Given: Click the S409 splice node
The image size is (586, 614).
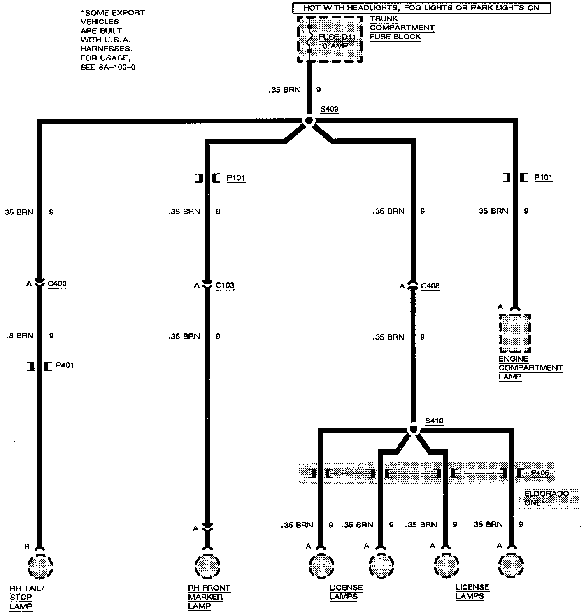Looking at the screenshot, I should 308,121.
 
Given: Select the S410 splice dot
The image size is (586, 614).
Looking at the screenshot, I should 414,429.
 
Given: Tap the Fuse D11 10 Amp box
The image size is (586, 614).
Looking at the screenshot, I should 330,40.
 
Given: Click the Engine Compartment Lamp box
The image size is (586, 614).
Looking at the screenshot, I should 515,333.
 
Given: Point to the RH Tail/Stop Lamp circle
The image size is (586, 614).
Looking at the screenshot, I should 40,566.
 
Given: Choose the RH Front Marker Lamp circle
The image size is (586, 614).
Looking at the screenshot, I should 207,566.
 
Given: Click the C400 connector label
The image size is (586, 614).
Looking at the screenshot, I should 57,284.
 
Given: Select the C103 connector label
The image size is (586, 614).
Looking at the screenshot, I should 225,285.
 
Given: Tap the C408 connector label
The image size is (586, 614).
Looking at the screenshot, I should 430,286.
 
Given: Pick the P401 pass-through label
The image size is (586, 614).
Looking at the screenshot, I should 65,365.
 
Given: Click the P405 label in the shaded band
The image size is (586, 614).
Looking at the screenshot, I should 540,473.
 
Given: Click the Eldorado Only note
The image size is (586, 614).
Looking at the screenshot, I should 540,498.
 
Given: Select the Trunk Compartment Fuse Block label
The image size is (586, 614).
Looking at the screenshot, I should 402,28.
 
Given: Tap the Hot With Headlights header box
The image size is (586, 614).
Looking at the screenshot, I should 421,8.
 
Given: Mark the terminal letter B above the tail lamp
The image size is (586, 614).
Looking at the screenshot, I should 27,547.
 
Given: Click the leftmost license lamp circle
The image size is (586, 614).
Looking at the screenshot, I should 321,566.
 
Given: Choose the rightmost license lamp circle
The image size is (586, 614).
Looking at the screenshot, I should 511,566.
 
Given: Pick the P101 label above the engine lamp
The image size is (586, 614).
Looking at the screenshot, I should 543,177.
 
